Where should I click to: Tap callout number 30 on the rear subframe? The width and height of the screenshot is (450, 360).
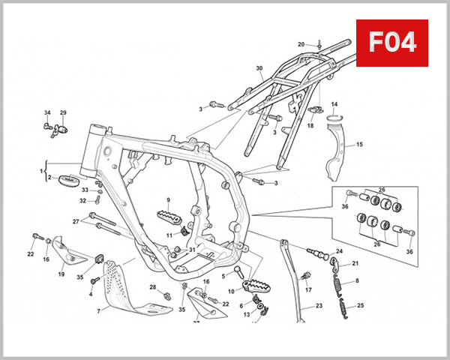pyautogui.click(x=259, y=69)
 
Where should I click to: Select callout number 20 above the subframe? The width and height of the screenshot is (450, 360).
pyautogui.click(x=301, y=44)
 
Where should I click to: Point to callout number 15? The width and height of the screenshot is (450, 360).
pyautogui.click(x=359, y=144)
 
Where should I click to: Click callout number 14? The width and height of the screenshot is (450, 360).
pyautogui.click(x=334, y=104)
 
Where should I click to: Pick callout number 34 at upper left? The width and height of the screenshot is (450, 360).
pyautogui.click(x=46, y=112)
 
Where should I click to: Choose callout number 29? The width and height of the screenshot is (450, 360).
pyautogui.click(x=63, y=112)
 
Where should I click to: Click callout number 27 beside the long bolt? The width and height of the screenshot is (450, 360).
pyautogui.click(x=76, y=221)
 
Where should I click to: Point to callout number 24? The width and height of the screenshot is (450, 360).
pyautogui.click(x=339, y=251)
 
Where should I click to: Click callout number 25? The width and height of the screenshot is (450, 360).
pyautogui.click(x=360, y=305)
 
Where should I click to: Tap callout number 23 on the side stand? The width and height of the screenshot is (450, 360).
pyautogui.click(x=318, y=306)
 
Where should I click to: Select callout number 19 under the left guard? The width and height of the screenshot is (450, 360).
pyautogui.click(x=61, y=274)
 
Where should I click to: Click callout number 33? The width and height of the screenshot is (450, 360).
pyautogui.click(x=85, y=190)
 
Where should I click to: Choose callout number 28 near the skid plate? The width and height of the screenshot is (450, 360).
pyautogui.click(x=152, y=287)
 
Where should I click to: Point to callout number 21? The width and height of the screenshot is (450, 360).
pyautogui.click(x=355, y=263)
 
